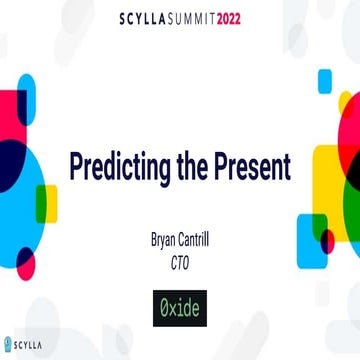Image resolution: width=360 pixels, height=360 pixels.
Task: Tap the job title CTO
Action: click(181, 262)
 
